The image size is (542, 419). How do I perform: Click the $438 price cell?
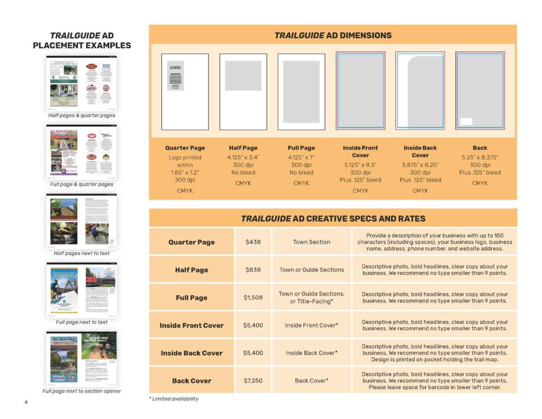(x=253, y=242)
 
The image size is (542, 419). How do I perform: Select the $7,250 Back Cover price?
(x=253, y=381)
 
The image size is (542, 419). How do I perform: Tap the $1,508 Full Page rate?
(x=253, y=298)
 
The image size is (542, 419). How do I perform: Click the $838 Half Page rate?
(x=253, y=270)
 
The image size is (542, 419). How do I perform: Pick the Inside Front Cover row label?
(x=192, y=325)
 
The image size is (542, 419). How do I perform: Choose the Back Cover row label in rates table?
(x=192, y=381)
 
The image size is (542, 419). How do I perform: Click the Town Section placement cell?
(x=312, y=242)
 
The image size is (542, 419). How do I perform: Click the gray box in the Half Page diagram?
(x=243, y=76)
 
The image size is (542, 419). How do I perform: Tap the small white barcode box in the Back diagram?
(x=466, y=121)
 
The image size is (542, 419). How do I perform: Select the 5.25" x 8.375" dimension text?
(x=480, y=157)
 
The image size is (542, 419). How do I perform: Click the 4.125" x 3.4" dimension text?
(x=243, y=157)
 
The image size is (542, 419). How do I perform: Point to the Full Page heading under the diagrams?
(x=301, y=148)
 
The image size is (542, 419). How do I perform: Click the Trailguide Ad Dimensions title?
(x=333, y=35)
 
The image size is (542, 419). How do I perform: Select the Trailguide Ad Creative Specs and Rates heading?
(x=333, y=218)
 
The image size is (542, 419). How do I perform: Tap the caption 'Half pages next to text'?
(x=82, y=253)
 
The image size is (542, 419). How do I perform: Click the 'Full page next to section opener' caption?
(x=82, y=391)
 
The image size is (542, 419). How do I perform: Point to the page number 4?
(x=25, y=402)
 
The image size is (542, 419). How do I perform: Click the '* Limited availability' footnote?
(x=174, y=399)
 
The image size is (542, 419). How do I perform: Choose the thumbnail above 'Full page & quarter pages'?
(x=82, y=152)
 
